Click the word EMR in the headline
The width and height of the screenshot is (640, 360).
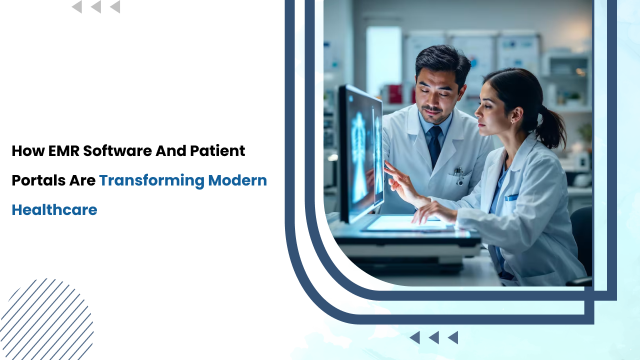click(63, 151)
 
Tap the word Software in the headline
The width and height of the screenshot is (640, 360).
click(117, 151)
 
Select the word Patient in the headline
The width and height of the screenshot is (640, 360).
click(217, 150)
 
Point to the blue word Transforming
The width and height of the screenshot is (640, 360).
click(151, 181)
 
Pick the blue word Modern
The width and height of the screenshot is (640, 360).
click(237, 180)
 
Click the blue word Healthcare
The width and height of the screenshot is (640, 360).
click(54, 210)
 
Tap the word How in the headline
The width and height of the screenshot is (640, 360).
click(28, 151)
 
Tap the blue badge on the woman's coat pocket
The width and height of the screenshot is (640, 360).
click(511, 197)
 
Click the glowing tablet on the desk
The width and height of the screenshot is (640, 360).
click(405, 223)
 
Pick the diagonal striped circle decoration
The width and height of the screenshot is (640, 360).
click(46, 319)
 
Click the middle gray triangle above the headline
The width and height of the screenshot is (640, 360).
click(96, 7)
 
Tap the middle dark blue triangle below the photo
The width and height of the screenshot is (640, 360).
click(434, 337)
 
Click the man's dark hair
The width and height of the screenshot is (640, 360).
click(443, 61)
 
